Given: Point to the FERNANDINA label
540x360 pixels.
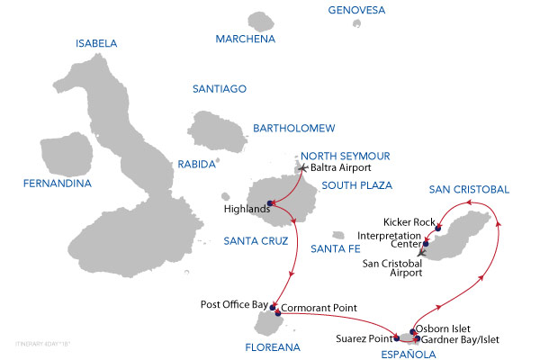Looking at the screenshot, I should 58,184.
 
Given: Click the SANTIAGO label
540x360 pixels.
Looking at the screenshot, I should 220,88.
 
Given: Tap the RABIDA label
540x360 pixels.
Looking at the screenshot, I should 198,164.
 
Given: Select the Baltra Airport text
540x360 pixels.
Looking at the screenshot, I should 340,167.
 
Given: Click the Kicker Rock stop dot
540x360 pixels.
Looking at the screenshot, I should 438,228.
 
